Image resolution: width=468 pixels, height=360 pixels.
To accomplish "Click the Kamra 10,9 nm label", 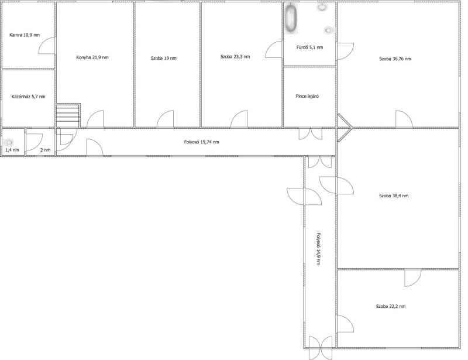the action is pos(25,35).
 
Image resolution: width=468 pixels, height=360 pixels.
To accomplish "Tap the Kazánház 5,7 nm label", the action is pos(28,97).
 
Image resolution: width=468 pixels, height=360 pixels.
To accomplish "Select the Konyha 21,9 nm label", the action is pos(92,57).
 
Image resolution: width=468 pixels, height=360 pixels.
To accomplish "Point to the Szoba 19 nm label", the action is pos(164,58).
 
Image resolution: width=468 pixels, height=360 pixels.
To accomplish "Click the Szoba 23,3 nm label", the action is pos(235,56).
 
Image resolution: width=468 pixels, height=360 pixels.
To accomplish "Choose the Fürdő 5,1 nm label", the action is pos(310,47).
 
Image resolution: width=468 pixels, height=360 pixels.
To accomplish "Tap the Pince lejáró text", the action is pos(308,96).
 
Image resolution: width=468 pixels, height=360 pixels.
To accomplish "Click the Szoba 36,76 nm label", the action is pos(395,59).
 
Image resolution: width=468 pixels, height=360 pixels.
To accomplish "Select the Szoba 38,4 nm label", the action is pos(394,196).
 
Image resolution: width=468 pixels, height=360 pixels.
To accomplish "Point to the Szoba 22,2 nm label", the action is pos(391,306).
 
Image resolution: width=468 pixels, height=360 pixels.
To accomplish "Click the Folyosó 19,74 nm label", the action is pos(201,142).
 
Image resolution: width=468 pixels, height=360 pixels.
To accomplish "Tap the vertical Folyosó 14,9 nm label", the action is pos(318,249).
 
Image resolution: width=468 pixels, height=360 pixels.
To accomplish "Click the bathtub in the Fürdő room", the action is pos(291,18).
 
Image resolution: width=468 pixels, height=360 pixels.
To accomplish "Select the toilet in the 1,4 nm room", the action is pos(9,142).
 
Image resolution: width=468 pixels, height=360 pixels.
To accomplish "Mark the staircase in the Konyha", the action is pos(68,115).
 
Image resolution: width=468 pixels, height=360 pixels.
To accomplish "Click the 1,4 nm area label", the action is pos(12,150).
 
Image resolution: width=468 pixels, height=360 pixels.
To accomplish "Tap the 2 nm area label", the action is pos(46,150).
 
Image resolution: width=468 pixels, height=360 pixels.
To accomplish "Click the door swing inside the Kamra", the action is pos(47,46).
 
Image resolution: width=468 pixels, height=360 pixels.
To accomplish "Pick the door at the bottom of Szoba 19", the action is pos(166,119).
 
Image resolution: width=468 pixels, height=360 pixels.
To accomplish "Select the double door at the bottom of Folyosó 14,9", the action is pos(320,348).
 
